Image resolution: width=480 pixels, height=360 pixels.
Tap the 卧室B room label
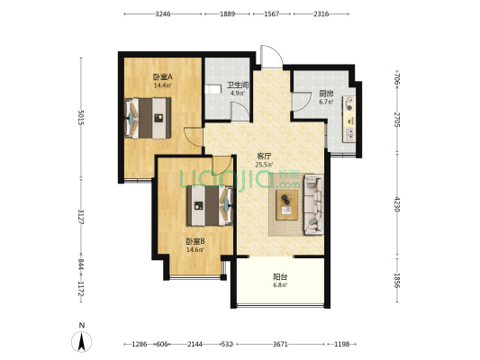pyautogui.click(x=195, y=241)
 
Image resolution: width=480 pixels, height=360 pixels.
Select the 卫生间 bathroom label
pyautogui.click(x=237, y=85)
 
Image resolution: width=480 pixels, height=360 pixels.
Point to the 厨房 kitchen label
pyautogui.click(x=326, y=94)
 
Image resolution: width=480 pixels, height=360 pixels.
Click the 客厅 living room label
pyautogui.click(x=264, y=157)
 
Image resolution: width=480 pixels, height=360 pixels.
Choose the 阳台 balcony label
pyautogui.click(x=280, y=277)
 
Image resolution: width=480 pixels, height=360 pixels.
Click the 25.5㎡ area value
pyautogui.click(x=264, y=165)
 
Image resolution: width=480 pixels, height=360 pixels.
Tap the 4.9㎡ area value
pyautogui.click(x=237, y=94)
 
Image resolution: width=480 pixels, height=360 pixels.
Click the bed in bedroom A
pyautogui.click(x=148, y=118)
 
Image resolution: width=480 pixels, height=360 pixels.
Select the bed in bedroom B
pyautogui.click(x=210, y=205)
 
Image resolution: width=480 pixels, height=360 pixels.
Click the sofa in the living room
pyautogui.click(x=313, y=204)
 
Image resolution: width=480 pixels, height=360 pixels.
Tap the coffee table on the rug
pyautogui.click(x=287, y=205)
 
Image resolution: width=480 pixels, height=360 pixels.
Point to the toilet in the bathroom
pyautogui.click(x=213, y=89)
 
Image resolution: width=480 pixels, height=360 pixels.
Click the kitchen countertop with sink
pyautogui.click(x=349, y=119)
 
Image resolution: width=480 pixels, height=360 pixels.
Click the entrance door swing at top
pyautogui.click(x=272, y=57)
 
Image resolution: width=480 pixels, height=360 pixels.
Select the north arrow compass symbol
pyautogui.click(x=81, y=341)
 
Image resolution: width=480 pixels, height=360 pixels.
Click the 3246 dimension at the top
pyautogui.click(x=162, y=14)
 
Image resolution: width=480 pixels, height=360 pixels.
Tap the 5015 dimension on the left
pyautogui.click(x=81, y=118)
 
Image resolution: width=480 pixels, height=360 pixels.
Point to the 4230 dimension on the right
pyautogui.click(x=397, y=204)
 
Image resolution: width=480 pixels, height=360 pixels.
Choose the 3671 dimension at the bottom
pyautogui.click(x=280, y=345)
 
